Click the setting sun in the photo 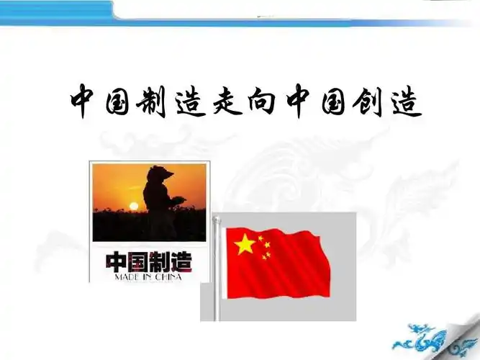coord(132,207)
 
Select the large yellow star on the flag coord(245,245)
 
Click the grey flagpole coord(216,274)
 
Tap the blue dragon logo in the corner coord(433,337)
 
